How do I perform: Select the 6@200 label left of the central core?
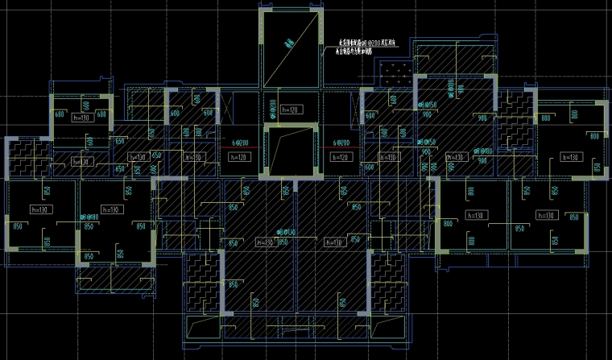[239, 143]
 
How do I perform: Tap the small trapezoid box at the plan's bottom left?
[202, 328]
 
